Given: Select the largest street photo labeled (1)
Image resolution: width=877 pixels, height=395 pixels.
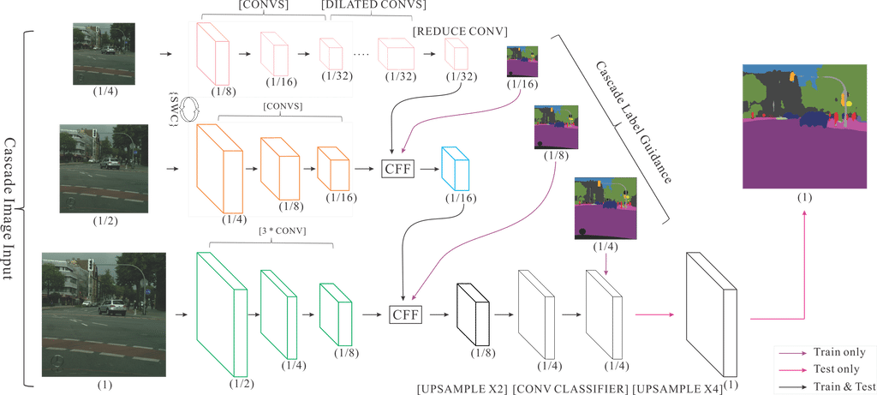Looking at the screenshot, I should tap(100, 313).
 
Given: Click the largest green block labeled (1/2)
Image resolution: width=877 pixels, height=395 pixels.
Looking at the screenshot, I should tap(222, 312).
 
